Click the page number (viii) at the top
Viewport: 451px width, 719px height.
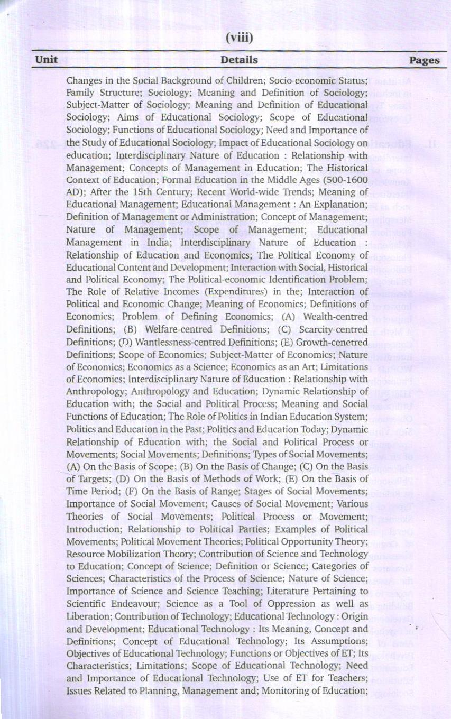[x=240, y=38]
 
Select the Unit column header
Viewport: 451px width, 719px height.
[x=46, y=60]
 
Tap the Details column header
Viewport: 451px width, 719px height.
[x=239, y=60]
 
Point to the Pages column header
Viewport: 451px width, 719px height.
[x=424, y=60]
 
